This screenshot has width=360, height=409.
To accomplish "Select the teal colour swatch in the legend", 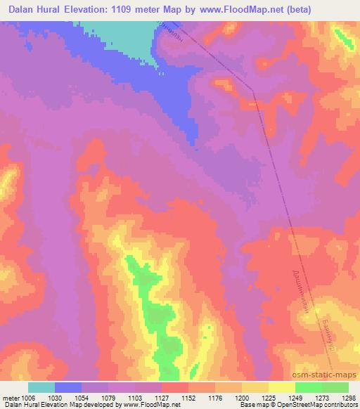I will pos(41,387).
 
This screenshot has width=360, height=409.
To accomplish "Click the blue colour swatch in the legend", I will pos(68,387).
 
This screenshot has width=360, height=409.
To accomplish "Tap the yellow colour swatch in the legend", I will pos(281,387).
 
